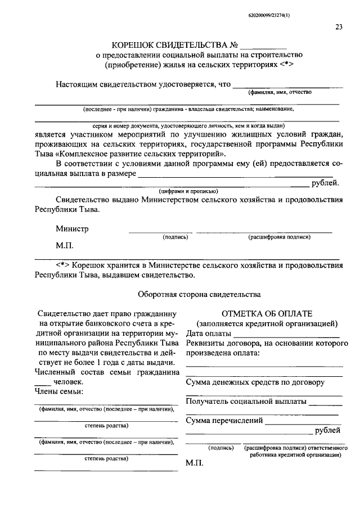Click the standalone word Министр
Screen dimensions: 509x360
pos(72,229)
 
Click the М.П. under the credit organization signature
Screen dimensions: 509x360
pos(194,465)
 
